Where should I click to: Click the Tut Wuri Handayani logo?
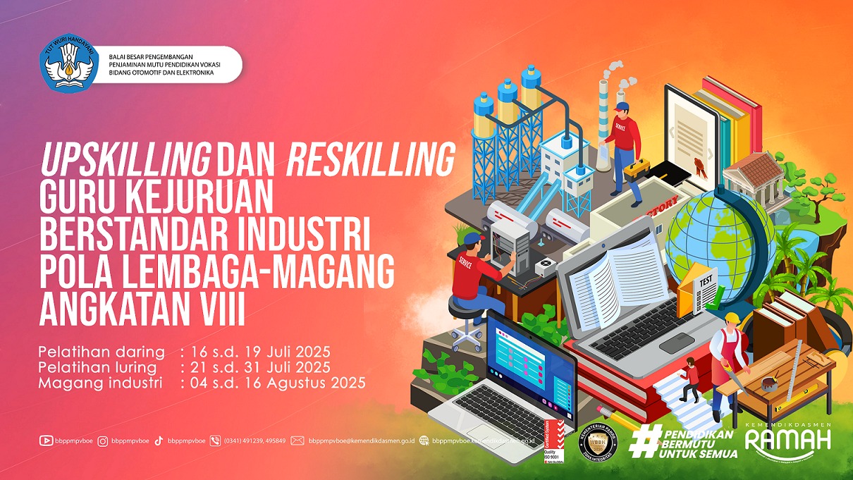click(x=68, y=63)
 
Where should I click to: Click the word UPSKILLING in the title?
click(x=125, y=161)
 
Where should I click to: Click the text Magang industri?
click(x=101, y=383)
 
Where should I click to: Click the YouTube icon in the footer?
click(x=46, y=441)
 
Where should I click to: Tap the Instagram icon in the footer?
click(x=103, y=441)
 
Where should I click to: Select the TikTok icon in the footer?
click(x=159, y=441)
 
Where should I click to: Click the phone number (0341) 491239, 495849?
click(x=254, y=441)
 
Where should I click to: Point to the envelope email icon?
click(x=297, y=441)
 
